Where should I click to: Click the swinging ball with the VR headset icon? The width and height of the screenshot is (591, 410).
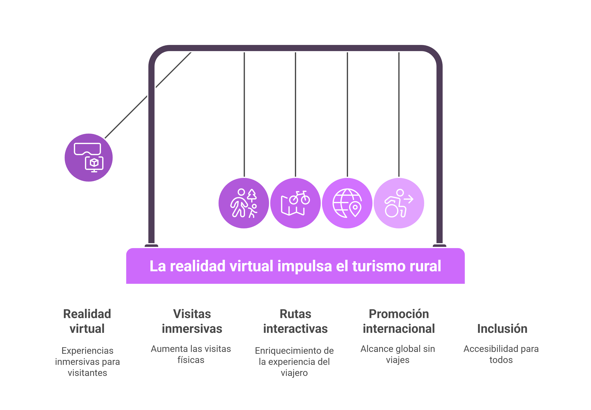click(x=89, y=157)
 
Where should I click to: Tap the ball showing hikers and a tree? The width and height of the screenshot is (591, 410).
click(x=244, y=203)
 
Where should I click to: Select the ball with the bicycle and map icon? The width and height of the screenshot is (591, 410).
click(x=295, y=203)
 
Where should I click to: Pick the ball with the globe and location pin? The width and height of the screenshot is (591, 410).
click(x=347, y=203)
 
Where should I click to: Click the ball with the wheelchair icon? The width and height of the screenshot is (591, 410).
click(x=399, y=203)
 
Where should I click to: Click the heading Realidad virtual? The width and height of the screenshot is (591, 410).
click(x=87, y=321)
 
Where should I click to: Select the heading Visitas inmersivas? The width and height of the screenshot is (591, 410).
click(x=192, y=321)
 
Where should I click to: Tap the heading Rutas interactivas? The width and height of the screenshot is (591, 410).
click(x=295, y=321)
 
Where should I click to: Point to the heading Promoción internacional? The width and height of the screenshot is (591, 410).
click(x=399, y=321)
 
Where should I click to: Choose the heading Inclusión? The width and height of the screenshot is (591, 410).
click(x=502, y=329)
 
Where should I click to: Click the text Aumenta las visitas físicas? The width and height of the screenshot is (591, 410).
click(x=191, y=354)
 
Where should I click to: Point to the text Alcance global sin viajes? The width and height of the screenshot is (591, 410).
click(x=398, y=354)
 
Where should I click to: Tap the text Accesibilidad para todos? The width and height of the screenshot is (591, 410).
click(x=501, y=354)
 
